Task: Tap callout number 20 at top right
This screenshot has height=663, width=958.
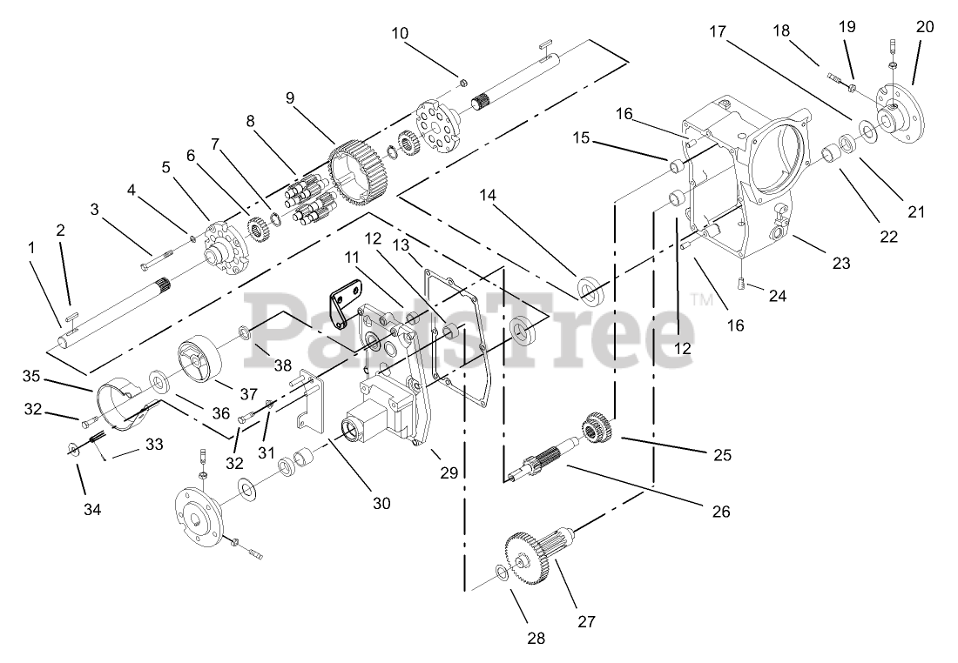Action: [924, 27]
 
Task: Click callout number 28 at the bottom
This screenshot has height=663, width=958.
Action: [536, 638]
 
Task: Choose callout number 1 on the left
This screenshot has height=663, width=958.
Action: [32, 247]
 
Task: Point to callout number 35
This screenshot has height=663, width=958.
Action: [31, 377]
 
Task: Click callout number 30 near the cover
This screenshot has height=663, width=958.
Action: [381, 502]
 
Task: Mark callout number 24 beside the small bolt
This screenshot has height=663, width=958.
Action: [777, 296]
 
